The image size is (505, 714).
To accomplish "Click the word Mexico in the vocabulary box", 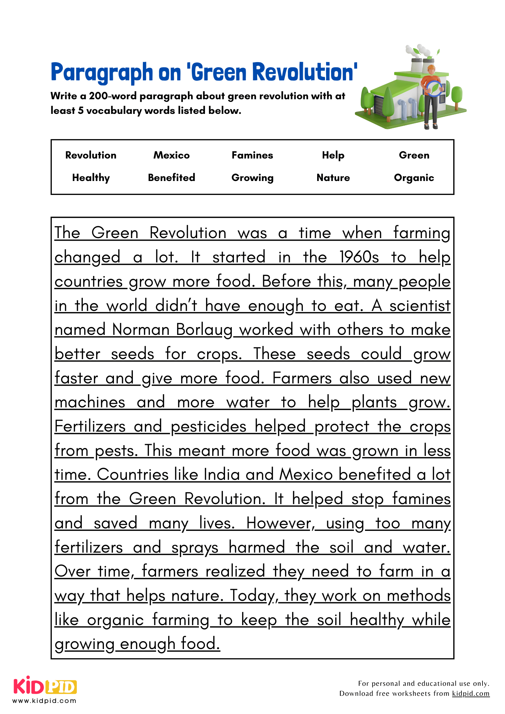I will (x=171, y=155).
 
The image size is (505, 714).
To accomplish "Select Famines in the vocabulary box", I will (x=252, y=155).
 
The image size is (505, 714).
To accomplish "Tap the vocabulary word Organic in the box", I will (x=414, y=178).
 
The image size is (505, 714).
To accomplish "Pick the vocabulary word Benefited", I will (x=171, y=177).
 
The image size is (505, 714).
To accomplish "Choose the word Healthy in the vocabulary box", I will (x=91, y=178).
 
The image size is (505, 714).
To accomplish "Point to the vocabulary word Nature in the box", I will (x=333, y=178).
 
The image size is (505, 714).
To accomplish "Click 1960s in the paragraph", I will (x=359, y=257).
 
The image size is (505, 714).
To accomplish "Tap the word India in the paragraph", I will (x=221, y=474).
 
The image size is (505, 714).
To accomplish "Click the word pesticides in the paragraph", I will (x=209, y=427).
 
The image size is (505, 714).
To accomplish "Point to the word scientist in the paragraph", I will (x=420, y=306).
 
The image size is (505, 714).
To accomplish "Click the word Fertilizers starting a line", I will (x=90, y=426).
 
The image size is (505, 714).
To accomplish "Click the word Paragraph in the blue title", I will (x=102, y=72).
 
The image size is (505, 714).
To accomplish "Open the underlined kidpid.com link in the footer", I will (x=470, y=693).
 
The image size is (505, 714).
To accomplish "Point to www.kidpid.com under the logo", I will (x=45, y=701).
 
